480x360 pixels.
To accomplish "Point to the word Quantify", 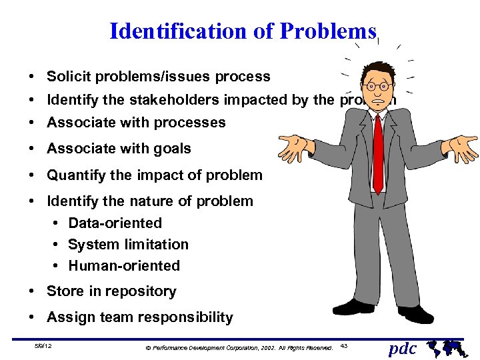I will pyautogui.click(x=75, y=175).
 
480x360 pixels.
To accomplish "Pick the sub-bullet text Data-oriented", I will pyautogui.click(x=115, y=223).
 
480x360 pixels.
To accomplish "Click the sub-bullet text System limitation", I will pyautogui.click(x=128, y=244).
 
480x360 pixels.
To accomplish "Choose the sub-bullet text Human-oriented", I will pyautogui.click(x=124, y=265).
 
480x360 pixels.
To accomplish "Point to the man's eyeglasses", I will pyautogui.click(x=378, y=86).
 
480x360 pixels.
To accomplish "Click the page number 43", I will pyautogui.click(x=344, y=345).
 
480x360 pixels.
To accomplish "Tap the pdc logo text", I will pyautogui.click(x=403, y=348).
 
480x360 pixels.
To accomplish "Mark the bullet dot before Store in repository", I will pyautogui.click(x=32, y=291).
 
